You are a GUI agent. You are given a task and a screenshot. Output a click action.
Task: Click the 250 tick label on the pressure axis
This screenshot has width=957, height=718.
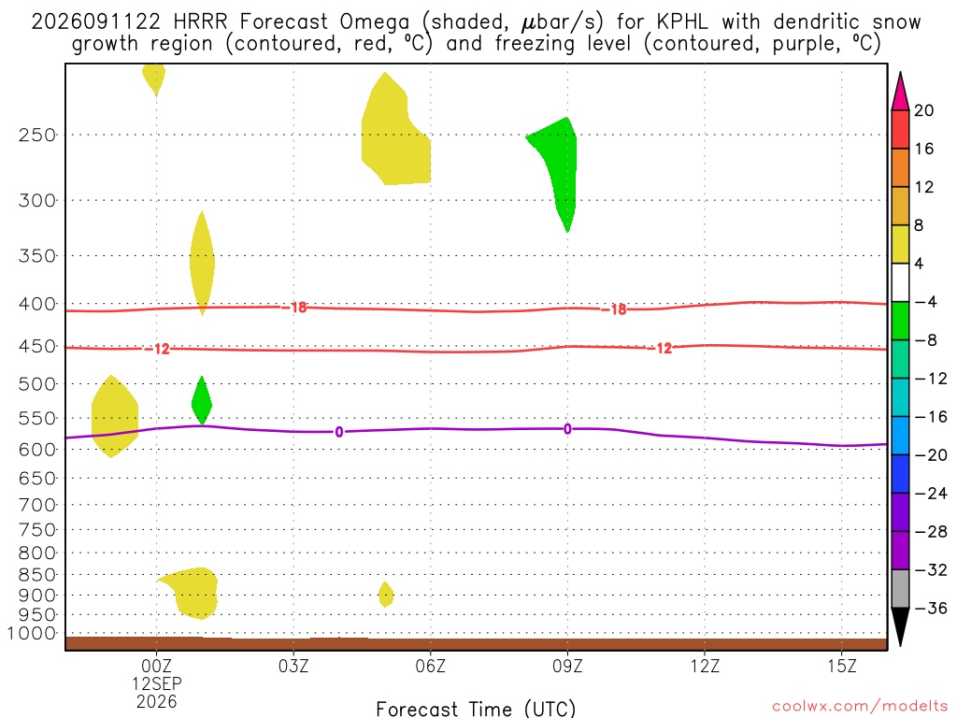click(37, 135)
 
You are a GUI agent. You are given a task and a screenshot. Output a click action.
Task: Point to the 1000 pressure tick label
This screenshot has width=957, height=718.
click(33, 634)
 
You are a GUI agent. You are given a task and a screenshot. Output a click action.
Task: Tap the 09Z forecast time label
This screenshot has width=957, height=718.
click(567, 666)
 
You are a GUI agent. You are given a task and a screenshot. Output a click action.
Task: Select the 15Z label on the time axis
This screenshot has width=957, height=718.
click(842, 666)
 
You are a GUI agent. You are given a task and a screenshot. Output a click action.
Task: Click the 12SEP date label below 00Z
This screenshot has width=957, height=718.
click(157, 683)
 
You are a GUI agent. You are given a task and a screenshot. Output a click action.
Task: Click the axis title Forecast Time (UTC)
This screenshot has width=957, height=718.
click(476, 709)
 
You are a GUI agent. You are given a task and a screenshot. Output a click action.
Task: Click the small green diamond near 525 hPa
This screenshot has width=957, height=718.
click(202, 400)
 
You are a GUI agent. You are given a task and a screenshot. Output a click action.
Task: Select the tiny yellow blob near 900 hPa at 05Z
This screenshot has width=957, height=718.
click(386, 594)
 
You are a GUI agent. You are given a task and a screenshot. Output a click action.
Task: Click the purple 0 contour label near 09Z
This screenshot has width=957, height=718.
click(567, 429)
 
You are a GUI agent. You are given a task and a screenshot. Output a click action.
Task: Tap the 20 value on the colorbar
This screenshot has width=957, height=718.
click(924, 110)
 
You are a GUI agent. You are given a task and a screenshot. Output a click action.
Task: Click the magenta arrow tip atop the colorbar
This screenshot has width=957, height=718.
click(900, 72)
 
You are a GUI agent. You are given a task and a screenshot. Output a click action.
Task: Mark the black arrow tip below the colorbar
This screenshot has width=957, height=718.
click(900, 646)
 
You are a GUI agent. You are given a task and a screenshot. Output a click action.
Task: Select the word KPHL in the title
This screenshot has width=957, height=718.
click(682, 22)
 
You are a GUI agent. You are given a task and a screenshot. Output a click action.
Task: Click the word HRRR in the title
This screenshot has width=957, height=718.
click(200, 22)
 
